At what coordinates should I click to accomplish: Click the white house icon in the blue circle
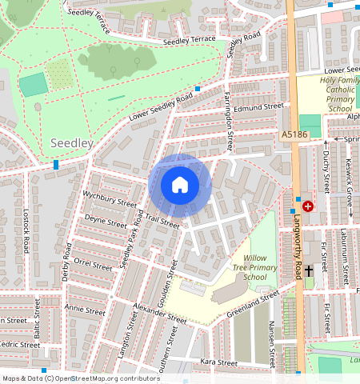coord(180,186)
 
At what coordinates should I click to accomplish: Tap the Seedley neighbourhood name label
coord(72,143)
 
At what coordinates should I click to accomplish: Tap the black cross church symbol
coord(309,271)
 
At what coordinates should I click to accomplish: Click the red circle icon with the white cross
coord(308,206)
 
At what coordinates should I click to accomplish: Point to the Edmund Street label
coord(259,106)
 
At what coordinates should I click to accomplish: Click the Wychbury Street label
coord(110,198)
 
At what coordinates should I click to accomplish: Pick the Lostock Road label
coord(26,233)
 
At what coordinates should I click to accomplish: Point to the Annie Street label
coord(86,309)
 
